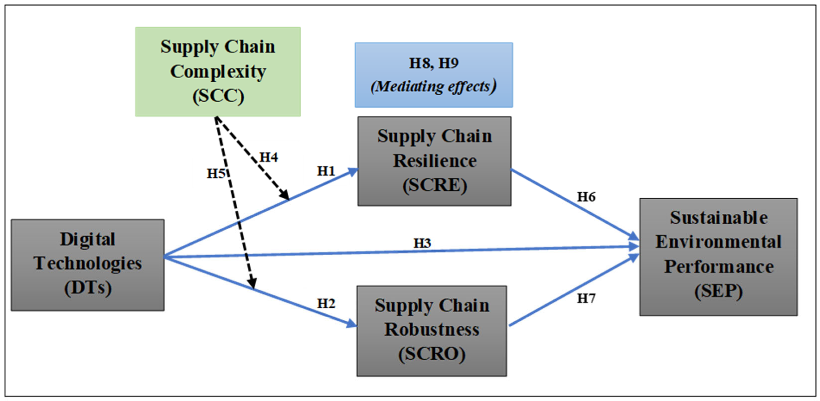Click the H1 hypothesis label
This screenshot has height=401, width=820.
(x=326, y=171)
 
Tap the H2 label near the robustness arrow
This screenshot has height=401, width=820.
(x=326, y=303)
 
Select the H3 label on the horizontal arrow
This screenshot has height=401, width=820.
(x=422, y=243)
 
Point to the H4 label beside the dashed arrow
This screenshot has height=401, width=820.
(x=269, y=157)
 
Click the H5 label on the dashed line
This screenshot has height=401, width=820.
(x=216, y=174)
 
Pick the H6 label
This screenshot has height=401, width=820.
(x=586, y=197)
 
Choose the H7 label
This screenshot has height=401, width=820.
(x=586, y=298)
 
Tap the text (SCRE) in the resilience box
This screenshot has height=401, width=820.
(x=435, y=185)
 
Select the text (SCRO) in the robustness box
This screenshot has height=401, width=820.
(x=432, y=354)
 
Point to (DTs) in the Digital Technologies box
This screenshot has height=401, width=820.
(x=88, y=288)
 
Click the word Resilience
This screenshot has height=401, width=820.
(x=435, y=161)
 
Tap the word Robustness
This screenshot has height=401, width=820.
(x=432, y=330)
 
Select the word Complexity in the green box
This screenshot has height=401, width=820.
(x=218, y=71)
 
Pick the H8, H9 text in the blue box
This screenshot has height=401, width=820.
(x=434, y=63)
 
